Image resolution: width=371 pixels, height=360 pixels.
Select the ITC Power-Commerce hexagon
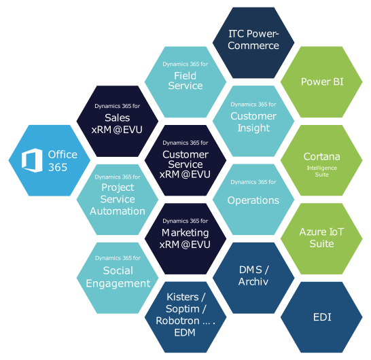[x=253, y=39]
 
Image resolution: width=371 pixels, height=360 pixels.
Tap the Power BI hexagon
[x=322, y=82]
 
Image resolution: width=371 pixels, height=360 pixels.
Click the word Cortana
[x=322, y=157]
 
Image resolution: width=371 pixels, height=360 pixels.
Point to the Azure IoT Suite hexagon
[x=322, y=237]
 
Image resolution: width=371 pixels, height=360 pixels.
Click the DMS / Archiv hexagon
[x=253, y=276]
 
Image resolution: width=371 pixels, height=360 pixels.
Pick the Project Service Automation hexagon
[x=118, y=198]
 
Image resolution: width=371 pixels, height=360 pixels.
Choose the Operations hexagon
[x=253, y=198]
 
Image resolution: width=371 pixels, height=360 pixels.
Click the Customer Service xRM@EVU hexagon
[x=185, y=160]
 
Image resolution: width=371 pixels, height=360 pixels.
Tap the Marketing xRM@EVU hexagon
[x=185, y=237]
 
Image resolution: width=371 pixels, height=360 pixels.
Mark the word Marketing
[x=185, y=233]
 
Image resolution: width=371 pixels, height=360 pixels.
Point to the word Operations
[x=253, y=200]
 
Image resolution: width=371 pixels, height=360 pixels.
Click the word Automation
[x=118, y=211]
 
